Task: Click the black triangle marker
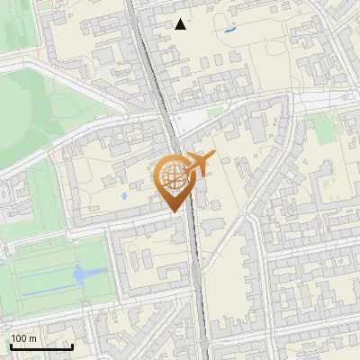click(x=181, y=24)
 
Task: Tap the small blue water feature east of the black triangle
click(x=229, y=31)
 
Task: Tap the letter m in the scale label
click(x=33, y=338)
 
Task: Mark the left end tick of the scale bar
click(x=11, y=346)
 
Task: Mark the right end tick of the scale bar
click(x=72, y=346)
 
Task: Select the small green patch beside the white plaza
click(x=214, y=112)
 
